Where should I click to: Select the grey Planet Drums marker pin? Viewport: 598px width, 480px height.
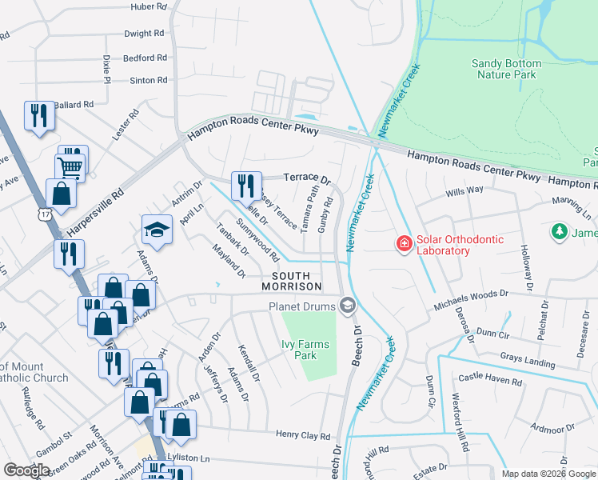click(x=347, y=305)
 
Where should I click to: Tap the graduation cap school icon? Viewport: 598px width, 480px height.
click(x=157, y=230)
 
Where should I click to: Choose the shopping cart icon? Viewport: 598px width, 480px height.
click(x=70, y=167)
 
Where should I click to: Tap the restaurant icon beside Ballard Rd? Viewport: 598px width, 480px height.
click(x=38, y=116)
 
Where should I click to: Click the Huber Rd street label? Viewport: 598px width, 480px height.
click(x=149, y=6)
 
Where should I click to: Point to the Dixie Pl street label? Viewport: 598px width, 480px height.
click(x=106, y=69)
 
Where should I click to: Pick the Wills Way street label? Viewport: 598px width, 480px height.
click(x=464, y=191)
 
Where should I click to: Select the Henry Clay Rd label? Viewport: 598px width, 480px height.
click(x=303, y=436)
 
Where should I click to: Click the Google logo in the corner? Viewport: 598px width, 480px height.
click(x=26, y=470)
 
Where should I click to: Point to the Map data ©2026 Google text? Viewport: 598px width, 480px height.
click(x=548, y=474)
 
